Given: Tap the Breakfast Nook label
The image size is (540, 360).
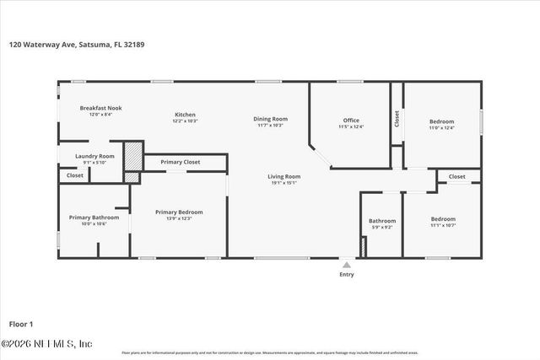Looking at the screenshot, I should [100, 109].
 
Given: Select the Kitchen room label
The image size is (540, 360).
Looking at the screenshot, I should [185, 115].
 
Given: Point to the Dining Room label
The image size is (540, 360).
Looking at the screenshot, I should [270, 119].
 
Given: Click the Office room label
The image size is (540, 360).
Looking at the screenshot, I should [351, 121].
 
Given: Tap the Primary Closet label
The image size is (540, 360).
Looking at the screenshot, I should [180, 161].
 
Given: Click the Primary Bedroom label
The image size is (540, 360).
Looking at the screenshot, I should [179, 212].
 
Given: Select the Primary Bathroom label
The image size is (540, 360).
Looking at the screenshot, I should [94, 218].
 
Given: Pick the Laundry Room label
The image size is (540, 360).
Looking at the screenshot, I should [94, 156].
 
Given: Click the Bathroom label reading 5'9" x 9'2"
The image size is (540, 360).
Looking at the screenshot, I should [381, 222].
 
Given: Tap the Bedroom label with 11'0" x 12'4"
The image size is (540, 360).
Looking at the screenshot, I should [441, 121].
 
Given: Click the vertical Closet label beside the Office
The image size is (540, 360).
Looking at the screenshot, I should [397, 119].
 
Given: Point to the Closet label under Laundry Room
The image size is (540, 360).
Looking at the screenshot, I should [75, 175].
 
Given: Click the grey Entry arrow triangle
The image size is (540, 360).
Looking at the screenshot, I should [346, 264].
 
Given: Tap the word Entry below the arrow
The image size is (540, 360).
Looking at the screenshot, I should [346, 274].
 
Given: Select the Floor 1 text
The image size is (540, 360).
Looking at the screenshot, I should [20, 323].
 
